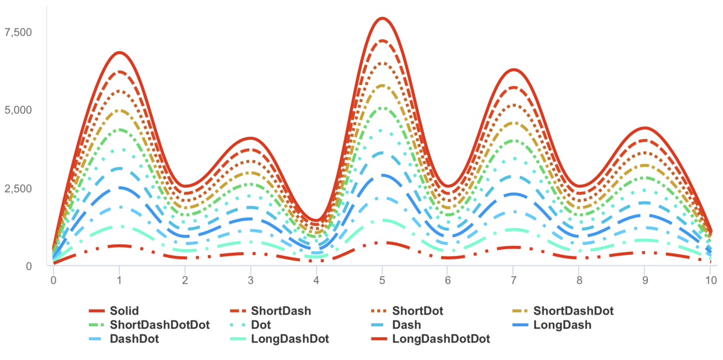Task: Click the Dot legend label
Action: pyautogui.click(x=261, y=324)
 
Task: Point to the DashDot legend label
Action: pyautogui.click(x=134, y=338)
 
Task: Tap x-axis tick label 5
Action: pyautogui.click(x=382, y=280)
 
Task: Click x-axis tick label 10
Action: pyautogui.click(x=710, y=280)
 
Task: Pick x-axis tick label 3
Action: pyautogui.click(x=251, y=280)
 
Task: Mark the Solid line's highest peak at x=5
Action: pyautogui.click(x=382, y=18)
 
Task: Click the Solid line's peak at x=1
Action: pyautogui.click(x=119, y=52)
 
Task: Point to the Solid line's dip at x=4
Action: pyautogui.click(x=317, y=221)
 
